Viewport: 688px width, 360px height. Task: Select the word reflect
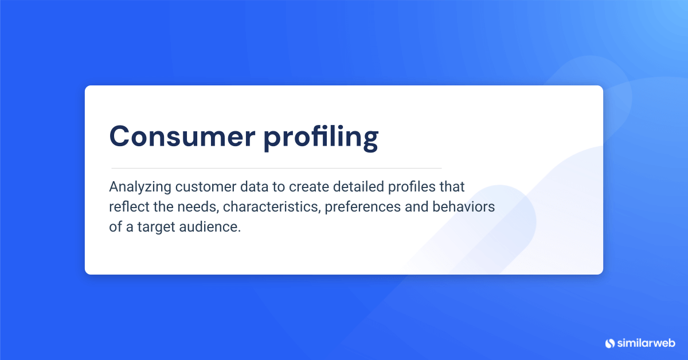pyautogui.click(x=127, y=207)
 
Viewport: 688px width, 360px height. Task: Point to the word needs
pyautogui.click(x=187, y=207)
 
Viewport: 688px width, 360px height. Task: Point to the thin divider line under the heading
pyautogui.click(x=276, y=168)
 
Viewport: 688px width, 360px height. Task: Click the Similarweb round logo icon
pyautogui.click(x=609, y=343)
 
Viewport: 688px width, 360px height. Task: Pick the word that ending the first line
pyautogui.click(x=454, y=187)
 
